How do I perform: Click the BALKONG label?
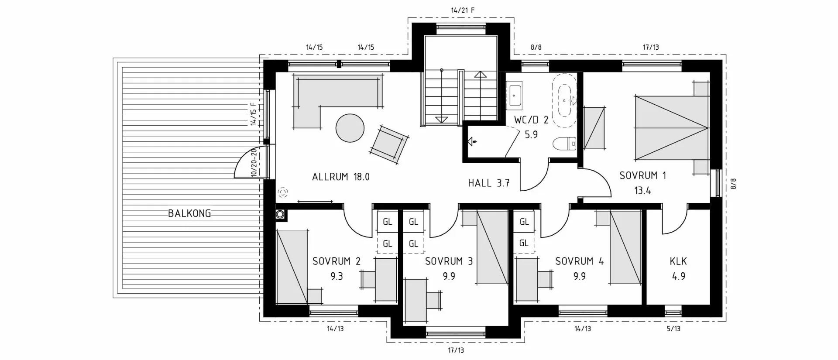point(189,213)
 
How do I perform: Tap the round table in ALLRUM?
point(350,128)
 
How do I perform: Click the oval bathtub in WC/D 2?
point(564,100)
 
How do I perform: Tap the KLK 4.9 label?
point(678,268)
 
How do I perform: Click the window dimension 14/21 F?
point(463,10)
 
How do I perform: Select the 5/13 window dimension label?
point(673,329)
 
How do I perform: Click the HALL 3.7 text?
point(489,183)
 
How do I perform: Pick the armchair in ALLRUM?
point(390,144)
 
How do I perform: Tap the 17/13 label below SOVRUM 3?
point(456,350)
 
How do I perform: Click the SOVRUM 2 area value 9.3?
point(337,276)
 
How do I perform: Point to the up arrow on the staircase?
point(480,75)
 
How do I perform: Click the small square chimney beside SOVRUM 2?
point(280,214)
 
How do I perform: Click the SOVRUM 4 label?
point(579,261)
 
